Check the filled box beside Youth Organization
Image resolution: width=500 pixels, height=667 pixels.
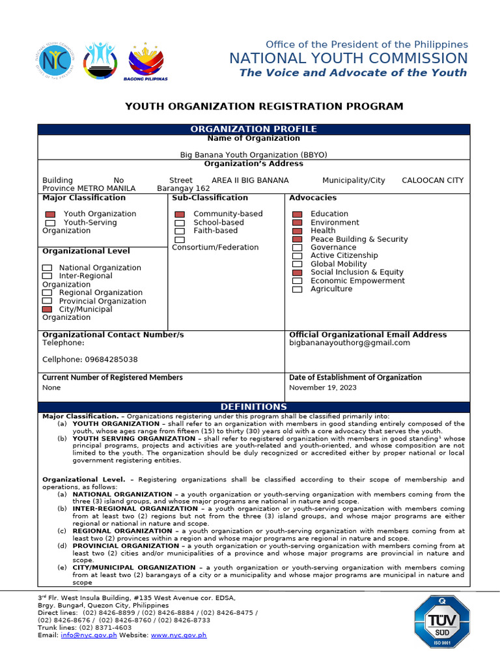coord(50,214)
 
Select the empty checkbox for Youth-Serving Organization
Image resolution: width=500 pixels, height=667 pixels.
coord(50,223)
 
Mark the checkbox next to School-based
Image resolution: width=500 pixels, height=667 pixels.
coord(180,223)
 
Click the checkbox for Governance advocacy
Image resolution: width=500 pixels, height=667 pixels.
coord(298,248)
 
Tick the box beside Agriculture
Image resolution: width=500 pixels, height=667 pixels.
coord(298,289)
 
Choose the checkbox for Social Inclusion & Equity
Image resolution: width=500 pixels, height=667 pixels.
coord(298,272)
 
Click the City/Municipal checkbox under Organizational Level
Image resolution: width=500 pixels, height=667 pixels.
coord(48,309)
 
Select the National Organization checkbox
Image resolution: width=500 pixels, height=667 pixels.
coord(48,268)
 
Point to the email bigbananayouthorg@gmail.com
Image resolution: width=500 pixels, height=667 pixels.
coord(350,343)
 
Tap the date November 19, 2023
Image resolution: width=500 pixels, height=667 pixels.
coord(323,388)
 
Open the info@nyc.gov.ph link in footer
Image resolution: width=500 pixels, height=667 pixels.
coord(89,635)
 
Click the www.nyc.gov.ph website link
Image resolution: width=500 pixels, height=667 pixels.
coord(178,635)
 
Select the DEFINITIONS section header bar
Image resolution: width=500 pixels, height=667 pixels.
coord(253,407)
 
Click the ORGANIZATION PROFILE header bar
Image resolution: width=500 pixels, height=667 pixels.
coord(253,129)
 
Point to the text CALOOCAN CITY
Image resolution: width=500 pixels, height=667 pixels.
coord(432,180)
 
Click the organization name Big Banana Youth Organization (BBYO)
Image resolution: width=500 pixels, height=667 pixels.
coord(253,155)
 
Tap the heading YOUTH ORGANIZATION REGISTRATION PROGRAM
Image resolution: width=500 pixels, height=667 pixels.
coord(264,106)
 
